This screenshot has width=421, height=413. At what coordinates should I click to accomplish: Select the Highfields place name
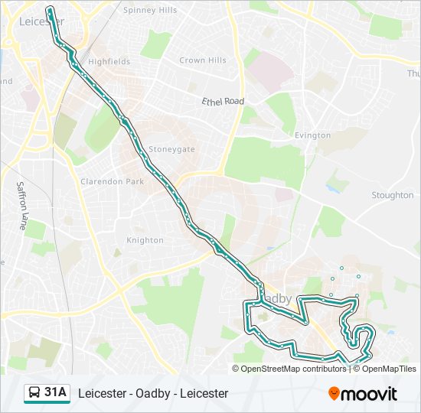point(109,61)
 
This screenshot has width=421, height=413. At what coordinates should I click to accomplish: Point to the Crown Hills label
point(203,60)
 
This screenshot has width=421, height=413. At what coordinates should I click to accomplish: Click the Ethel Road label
point(223,101)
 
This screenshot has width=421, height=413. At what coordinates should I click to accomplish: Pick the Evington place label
point(312,135)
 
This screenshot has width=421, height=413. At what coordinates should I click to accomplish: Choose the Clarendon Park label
point(113,182)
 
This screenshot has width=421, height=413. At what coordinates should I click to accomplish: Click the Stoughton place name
point(392,195)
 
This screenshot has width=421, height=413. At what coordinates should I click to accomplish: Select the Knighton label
point(145,240)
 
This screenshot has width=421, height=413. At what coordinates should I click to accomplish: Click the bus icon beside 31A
point(34,393)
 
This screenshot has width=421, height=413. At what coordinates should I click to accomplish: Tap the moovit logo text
point(370,394)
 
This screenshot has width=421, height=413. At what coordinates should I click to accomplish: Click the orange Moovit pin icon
point(335,394)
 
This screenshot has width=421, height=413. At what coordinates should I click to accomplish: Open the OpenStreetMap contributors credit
point(293,369)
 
